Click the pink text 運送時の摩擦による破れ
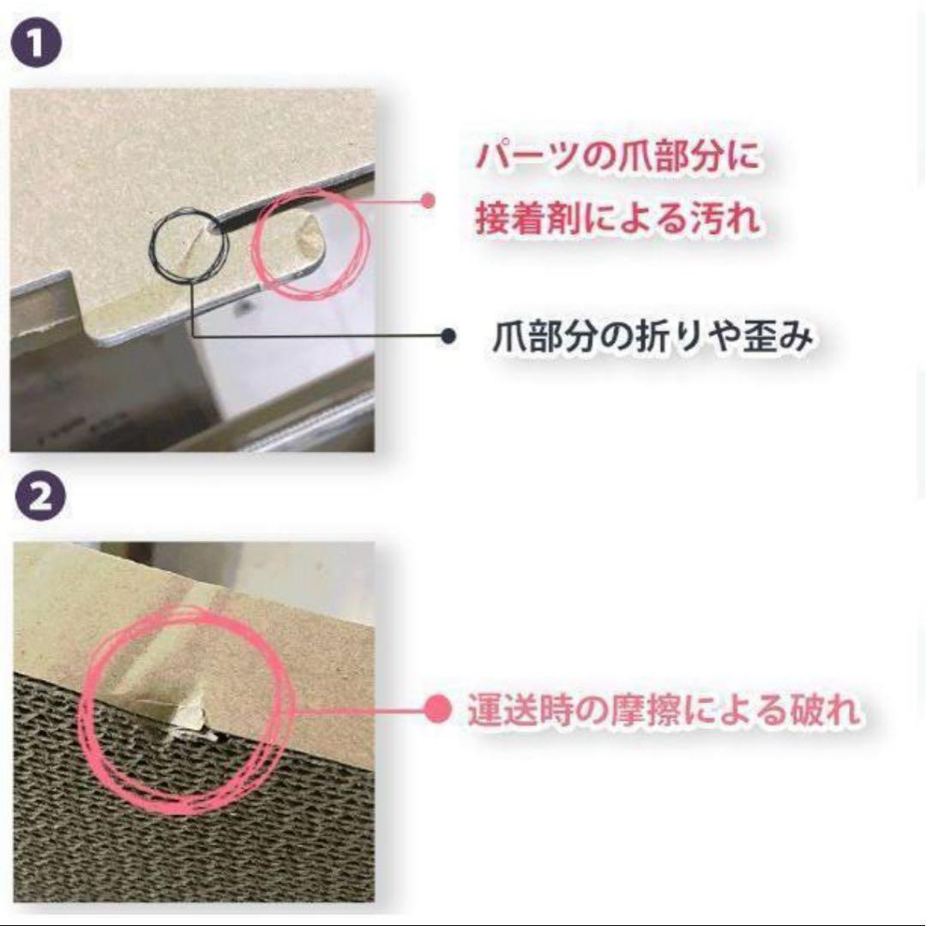point(664,711)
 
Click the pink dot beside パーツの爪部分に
point(427,201)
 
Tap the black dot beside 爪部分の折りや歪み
point(448,337)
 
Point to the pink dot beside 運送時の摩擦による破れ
point(439,710)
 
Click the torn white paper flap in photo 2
point(190,719)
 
